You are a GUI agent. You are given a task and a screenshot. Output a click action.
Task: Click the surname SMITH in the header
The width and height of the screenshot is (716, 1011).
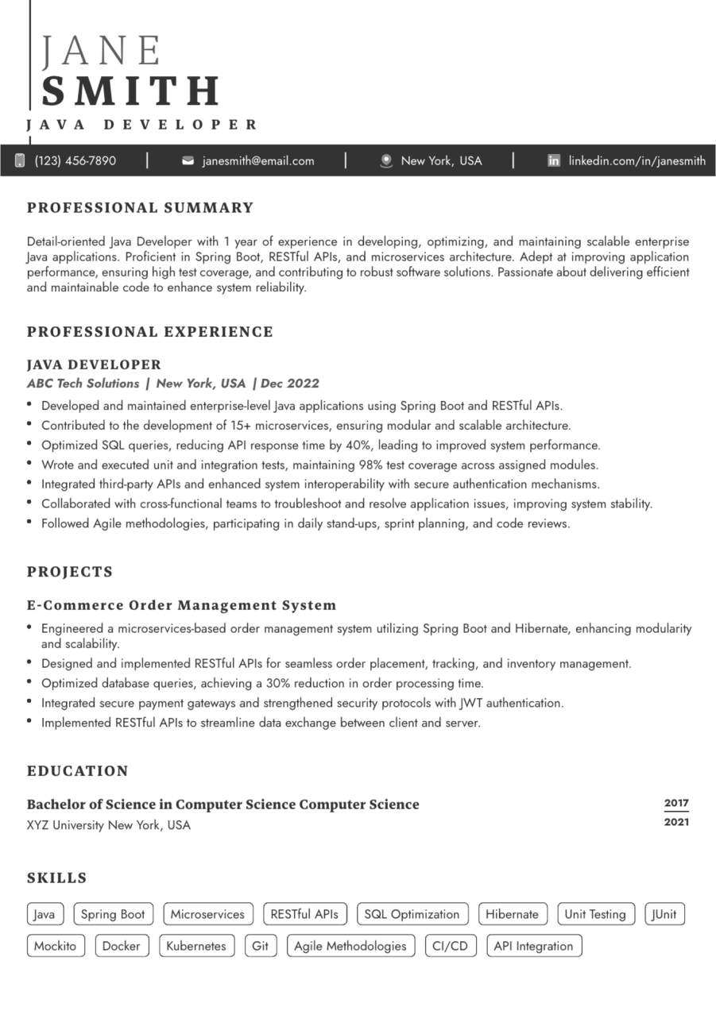pos(131,91)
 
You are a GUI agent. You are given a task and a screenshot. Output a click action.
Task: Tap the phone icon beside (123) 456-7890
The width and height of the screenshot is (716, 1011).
pos(20,160)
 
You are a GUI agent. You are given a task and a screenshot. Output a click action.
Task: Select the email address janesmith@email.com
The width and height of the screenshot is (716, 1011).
pos(258,160)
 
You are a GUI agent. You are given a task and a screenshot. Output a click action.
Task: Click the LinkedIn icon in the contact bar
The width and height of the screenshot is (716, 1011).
pos(554,160)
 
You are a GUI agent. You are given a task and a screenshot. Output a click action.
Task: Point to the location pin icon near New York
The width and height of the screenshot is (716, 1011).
pos(386,160)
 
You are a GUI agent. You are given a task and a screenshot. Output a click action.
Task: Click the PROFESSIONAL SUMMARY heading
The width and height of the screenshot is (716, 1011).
pos(140,208)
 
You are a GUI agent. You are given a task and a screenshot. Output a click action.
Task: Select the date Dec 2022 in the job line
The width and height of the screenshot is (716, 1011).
pos(290,384)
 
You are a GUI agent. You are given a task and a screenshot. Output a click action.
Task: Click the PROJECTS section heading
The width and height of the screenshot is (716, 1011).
pos(70,572)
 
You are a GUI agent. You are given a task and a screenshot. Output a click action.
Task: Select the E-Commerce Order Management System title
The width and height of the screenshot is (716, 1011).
pos(182,605)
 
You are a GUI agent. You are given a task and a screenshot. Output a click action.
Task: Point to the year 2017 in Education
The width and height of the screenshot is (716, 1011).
pos(676,803)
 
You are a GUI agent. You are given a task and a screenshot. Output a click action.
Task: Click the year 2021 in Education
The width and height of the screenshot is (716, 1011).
pos(676,822)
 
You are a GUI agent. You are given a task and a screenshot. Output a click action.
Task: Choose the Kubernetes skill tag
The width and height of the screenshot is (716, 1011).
pos(196,946)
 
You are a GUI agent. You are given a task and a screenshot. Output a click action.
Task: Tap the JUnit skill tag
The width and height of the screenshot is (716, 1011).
pos(664,914)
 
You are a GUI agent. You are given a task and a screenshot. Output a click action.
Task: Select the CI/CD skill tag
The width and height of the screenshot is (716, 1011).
pos(450,946)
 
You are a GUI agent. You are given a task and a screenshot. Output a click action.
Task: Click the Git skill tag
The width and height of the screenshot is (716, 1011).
pos(260,946)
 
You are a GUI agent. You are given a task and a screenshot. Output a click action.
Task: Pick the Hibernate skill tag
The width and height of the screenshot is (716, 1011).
pos(512,914)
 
